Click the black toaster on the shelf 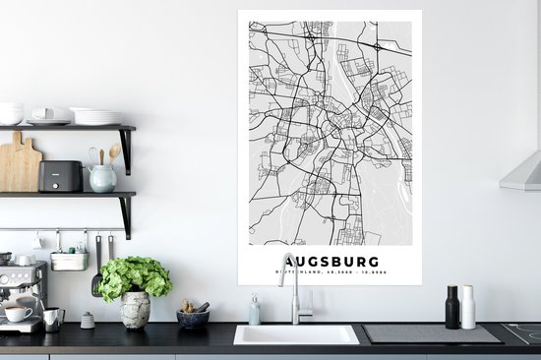(x=60, y=176)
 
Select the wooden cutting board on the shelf (x=20, y=165)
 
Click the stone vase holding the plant (x=135, y=309)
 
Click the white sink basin (x=296, y=334)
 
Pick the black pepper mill (x=451, y=308)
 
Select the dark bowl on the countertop (x=192, y=319)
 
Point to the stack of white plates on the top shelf (x=96, y=116)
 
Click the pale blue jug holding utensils (x=101, y=178)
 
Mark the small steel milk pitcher (x=52, y=320)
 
